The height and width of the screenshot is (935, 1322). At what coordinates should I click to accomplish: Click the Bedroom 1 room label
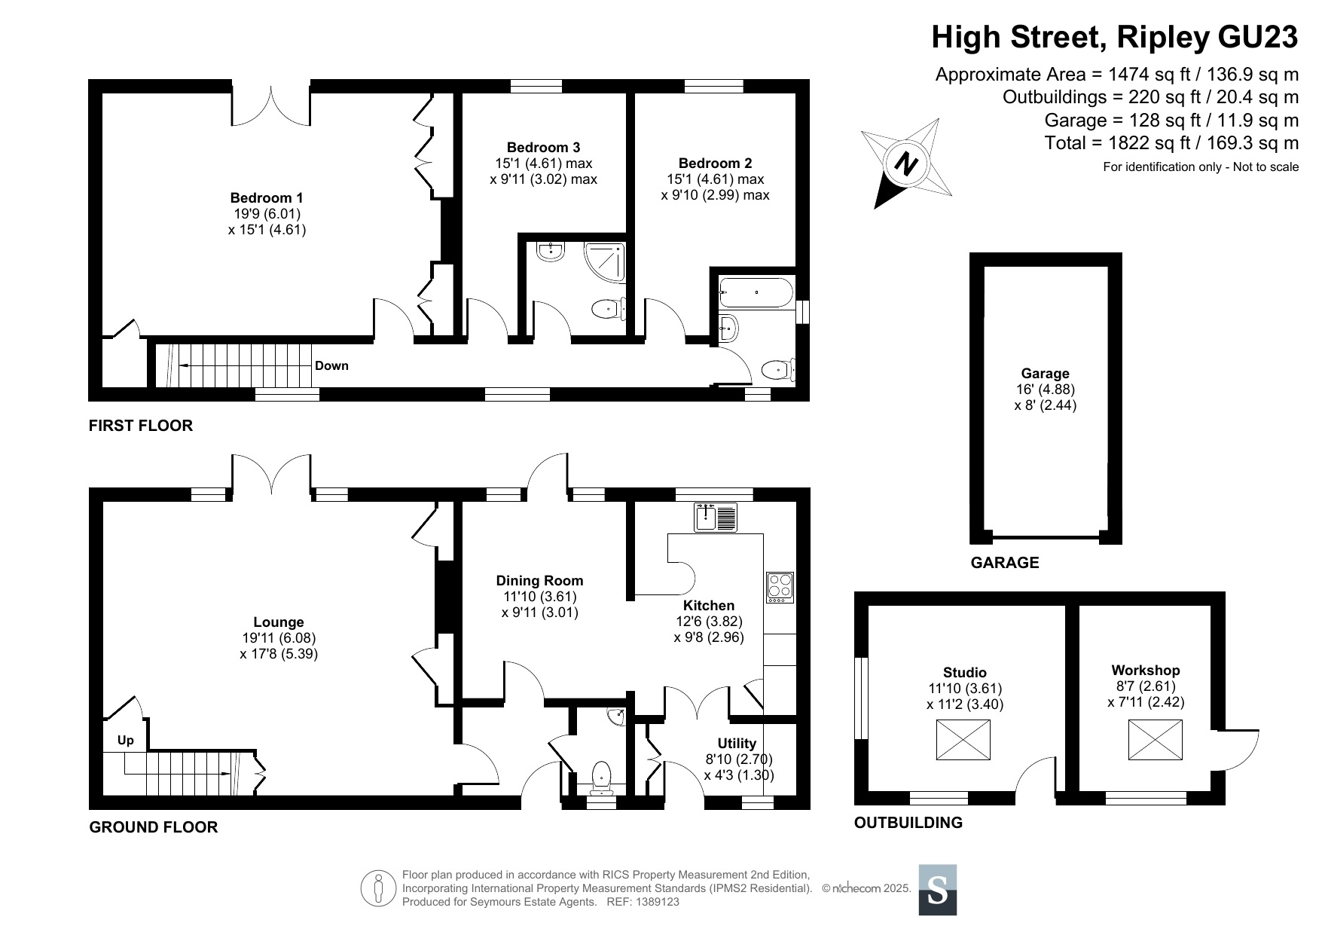(x=266, y=198)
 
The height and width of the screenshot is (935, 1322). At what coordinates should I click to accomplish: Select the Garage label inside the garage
(x=1045, y=374)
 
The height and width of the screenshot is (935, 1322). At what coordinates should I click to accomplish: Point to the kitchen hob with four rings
(x=780, y=588)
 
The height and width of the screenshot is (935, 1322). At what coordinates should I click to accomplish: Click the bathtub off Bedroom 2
(x=756, y=292)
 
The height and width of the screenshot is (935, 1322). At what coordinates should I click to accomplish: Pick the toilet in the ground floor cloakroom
(x=601, y=778)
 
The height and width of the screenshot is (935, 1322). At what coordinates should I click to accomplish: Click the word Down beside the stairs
(x=331, y=366)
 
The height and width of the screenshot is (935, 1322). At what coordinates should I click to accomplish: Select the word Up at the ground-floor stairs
(x=126, y=741)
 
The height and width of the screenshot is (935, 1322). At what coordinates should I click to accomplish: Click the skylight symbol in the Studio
(x=963, y=740)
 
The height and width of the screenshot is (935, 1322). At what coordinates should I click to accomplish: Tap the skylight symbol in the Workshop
(x=1156, y=740)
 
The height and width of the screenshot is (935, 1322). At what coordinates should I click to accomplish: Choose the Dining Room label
(x=539, y=581)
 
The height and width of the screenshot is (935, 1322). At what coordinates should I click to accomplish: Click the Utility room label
(x=737, y=744)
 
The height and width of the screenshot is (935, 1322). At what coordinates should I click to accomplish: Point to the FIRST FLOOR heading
(x=141, y=426)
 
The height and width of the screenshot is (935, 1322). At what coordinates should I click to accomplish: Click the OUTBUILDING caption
(x=908, y=823)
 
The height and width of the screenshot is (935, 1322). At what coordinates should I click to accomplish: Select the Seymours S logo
(x=938, y=890)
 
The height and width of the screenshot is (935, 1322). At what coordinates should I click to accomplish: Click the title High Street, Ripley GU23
(x=1115, y=36)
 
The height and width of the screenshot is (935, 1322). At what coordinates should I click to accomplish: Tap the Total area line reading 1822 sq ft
(x=1172, y=143)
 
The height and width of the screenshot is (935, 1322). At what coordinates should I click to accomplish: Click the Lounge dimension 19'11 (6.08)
(x=279, y=637)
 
